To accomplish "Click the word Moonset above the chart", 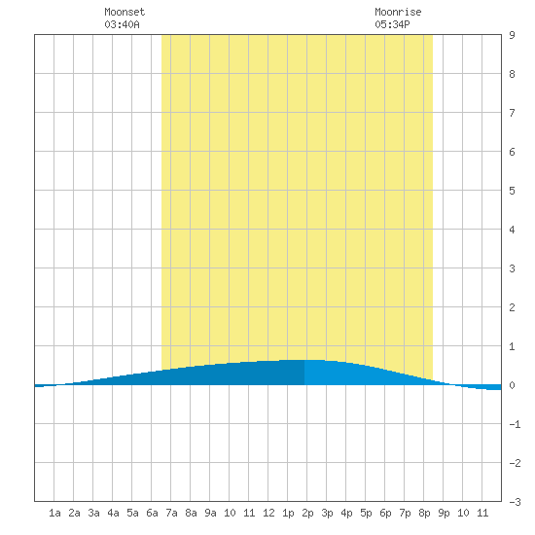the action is click(x=125, y=12).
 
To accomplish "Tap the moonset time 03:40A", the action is click(x=122, y=24).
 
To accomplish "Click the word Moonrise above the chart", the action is click(x=398, y=12).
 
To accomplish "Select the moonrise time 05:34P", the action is click(x=392, y=24).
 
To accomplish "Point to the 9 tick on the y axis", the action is click(x=512, y=35).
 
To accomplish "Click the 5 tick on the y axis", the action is click(x=512, y=191).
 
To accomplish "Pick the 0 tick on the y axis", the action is click(x=512, y=385).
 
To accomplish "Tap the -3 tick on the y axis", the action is click(x=515, y=502).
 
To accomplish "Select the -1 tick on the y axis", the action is click(x=515, y=424).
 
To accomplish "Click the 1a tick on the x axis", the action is click(x=54, y=513).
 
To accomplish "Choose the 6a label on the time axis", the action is click(x=152, y=513).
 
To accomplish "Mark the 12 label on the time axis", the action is click(x=268, y=513).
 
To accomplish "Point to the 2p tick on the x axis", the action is click(x=307, y=513).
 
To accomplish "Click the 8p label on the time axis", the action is click(x=424, y=513).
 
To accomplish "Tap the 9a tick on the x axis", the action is click(x=210, y=513).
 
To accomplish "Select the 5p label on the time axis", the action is click(x=366, y=513).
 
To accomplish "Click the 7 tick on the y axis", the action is click(x=512, y=113).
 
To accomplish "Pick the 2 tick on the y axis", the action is click(x=512, y=307).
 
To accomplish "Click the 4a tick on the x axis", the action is click(x=113, y=513).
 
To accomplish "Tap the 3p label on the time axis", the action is click(x=327, y=513).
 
